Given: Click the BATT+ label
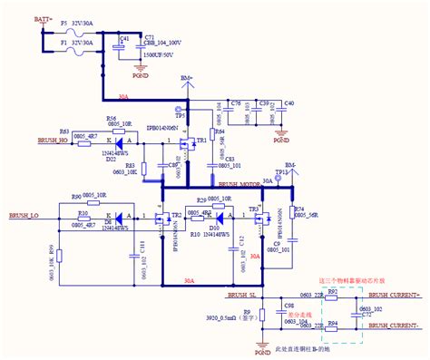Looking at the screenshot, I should tap(41, 18).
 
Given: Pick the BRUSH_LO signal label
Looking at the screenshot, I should tap(23, 217).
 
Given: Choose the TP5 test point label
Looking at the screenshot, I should tap(180, 116).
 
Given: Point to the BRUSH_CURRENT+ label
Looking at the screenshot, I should tap(394, 296).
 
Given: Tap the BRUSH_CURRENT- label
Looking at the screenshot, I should tap(394, 325).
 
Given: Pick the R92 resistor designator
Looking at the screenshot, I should tap(332, 289).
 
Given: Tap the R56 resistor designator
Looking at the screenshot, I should tap(110, 119).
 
